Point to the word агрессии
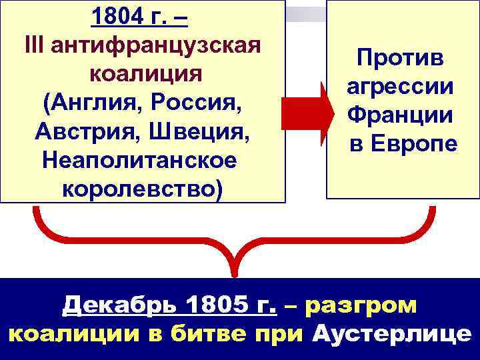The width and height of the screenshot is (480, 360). tap(400, 87)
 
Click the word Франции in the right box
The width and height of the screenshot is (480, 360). tap(400, 115)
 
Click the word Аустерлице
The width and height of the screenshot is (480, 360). tap(391, 333)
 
